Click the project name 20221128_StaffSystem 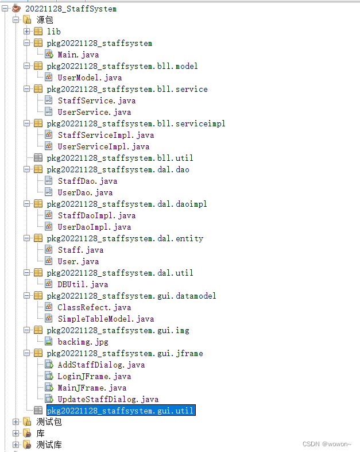71,9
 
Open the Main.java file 78,55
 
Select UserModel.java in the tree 90,78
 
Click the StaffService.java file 96,101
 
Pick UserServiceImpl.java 103,146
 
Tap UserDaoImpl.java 94,227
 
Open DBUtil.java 83,284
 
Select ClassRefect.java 94,307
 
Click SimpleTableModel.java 106,319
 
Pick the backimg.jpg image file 83,342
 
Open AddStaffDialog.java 101,365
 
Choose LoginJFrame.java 94,376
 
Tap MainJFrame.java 92,388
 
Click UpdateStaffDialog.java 108,399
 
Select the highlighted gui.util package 121,411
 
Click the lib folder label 53,32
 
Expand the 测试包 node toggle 16,422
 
